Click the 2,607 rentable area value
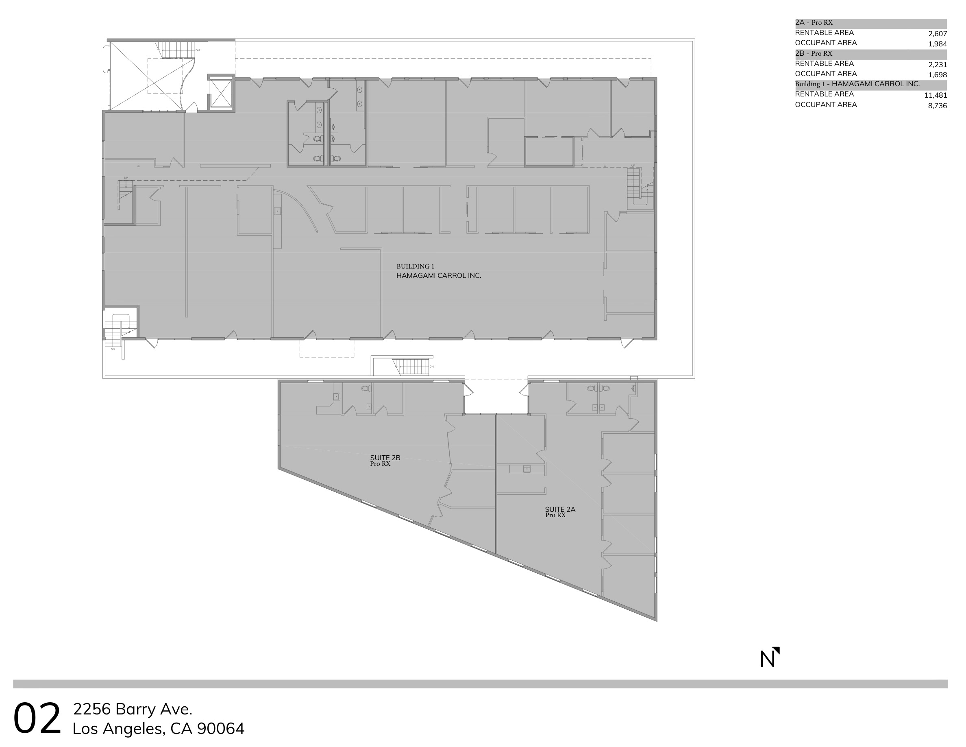point(937,34)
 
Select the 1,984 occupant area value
point(937,44)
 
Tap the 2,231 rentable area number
point(937,65)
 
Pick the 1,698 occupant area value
point(937,75)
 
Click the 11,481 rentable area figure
point(935,95)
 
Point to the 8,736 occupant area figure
point(937,106)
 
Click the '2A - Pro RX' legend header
point(814,22)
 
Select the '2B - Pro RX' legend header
point(814,54)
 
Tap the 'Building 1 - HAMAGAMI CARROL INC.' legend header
point(857,84)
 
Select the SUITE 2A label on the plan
point(559,509)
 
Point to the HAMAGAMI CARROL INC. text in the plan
point(438,276)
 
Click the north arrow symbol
point(770,657)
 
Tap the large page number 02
point(37,719)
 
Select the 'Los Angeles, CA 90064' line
point(158,728)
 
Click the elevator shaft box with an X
point(221,92)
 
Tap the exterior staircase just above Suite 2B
point(411,367)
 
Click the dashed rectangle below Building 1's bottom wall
point(326,348)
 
